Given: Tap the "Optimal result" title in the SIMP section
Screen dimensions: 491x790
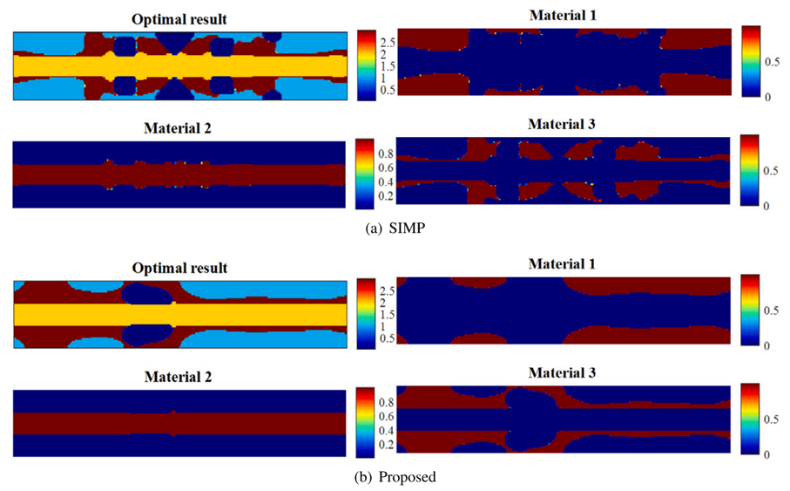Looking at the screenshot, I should (x=180, y=18).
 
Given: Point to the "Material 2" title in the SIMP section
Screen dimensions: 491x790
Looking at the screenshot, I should (x=180, y=127).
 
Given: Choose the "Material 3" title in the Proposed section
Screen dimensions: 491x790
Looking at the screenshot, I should (x=563, y=372).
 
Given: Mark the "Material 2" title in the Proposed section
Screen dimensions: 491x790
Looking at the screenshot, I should (x=180, y=377).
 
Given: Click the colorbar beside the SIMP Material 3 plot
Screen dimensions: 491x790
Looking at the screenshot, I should (x=750, y=171).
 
